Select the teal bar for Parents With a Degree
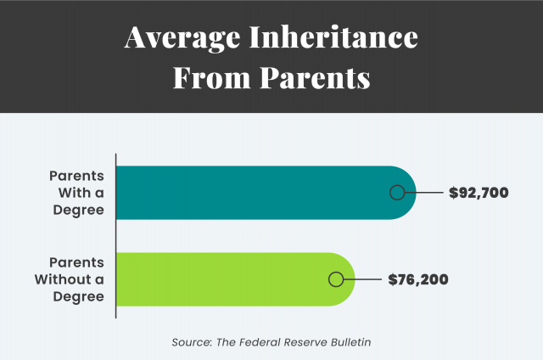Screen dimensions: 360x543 [x=255, y=192]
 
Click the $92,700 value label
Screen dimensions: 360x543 [x=479, y=193]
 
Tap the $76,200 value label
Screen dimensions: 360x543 [x=417, y=279]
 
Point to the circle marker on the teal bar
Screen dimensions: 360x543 [x=396, y=193]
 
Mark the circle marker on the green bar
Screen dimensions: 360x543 [x=335, y=279]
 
